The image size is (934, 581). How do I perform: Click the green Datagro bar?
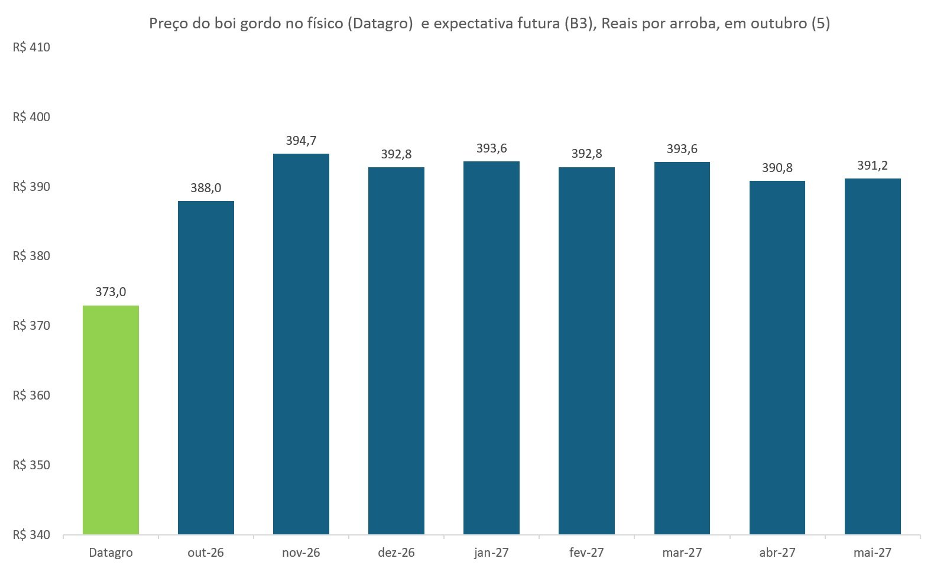111,420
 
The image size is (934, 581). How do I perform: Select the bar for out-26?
206,368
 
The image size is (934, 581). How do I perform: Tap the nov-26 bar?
301,344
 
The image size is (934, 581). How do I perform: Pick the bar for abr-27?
777,358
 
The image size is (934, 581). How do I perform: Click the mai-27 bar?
873,356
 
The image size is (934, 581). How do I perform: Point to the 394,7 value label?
301,141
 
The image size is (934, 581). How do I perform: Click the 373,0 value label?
111,292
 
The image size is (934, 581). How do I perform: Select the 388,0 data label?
206,188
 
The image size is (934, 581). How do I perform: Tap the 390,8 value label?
777,168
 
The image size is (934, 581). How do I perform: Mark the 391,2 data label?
873,165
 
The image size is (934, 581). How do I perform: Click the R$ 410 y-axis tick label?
31,47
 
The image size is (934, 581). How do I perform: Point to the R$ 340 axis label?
31,535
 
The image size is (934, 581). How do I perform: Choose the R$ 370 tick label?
31,326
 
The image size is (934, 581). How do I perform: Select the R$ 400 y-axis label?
31,116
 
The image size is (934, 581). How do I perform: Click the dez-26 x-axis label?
396,553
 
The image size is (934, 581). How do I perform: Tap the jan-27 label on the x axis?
491,553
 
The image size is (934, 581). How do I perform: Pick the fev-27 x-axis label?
586,553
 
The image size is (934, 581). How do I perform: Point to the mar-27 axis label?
682,553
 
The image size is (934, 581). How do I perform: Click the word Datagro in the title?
380,23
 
